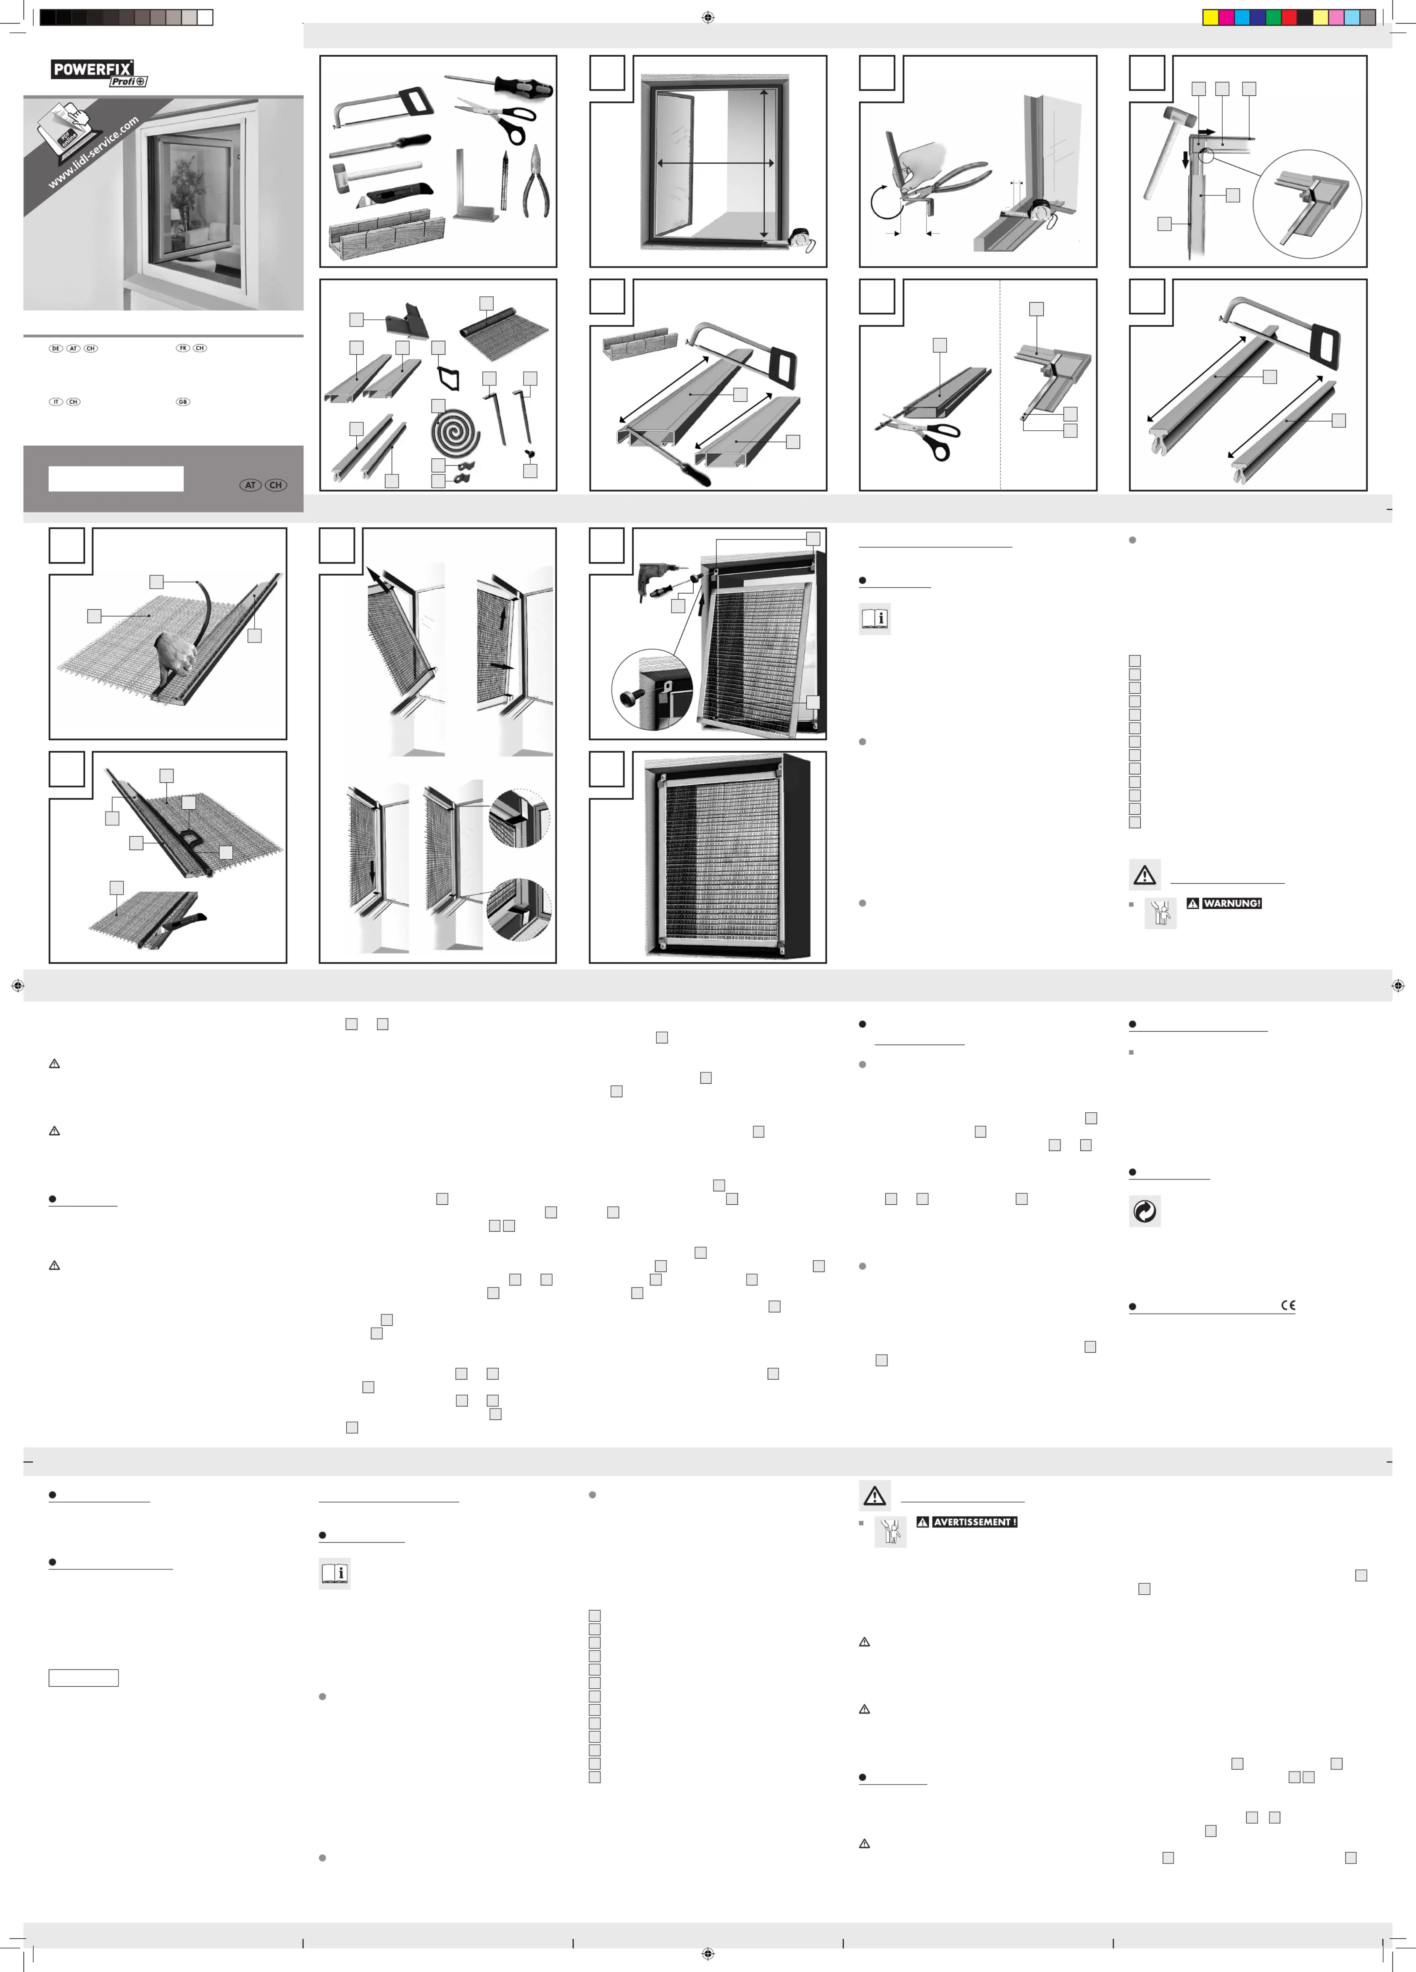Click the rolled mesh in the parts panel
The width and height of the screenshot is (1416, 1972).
(504, 330)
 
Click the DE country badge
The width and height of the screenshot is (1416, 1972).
(55, 349)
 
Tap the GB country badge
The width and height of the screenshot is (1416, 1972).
(182, 402)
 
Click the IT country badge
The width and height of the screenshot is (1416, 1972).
(55, 402)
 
